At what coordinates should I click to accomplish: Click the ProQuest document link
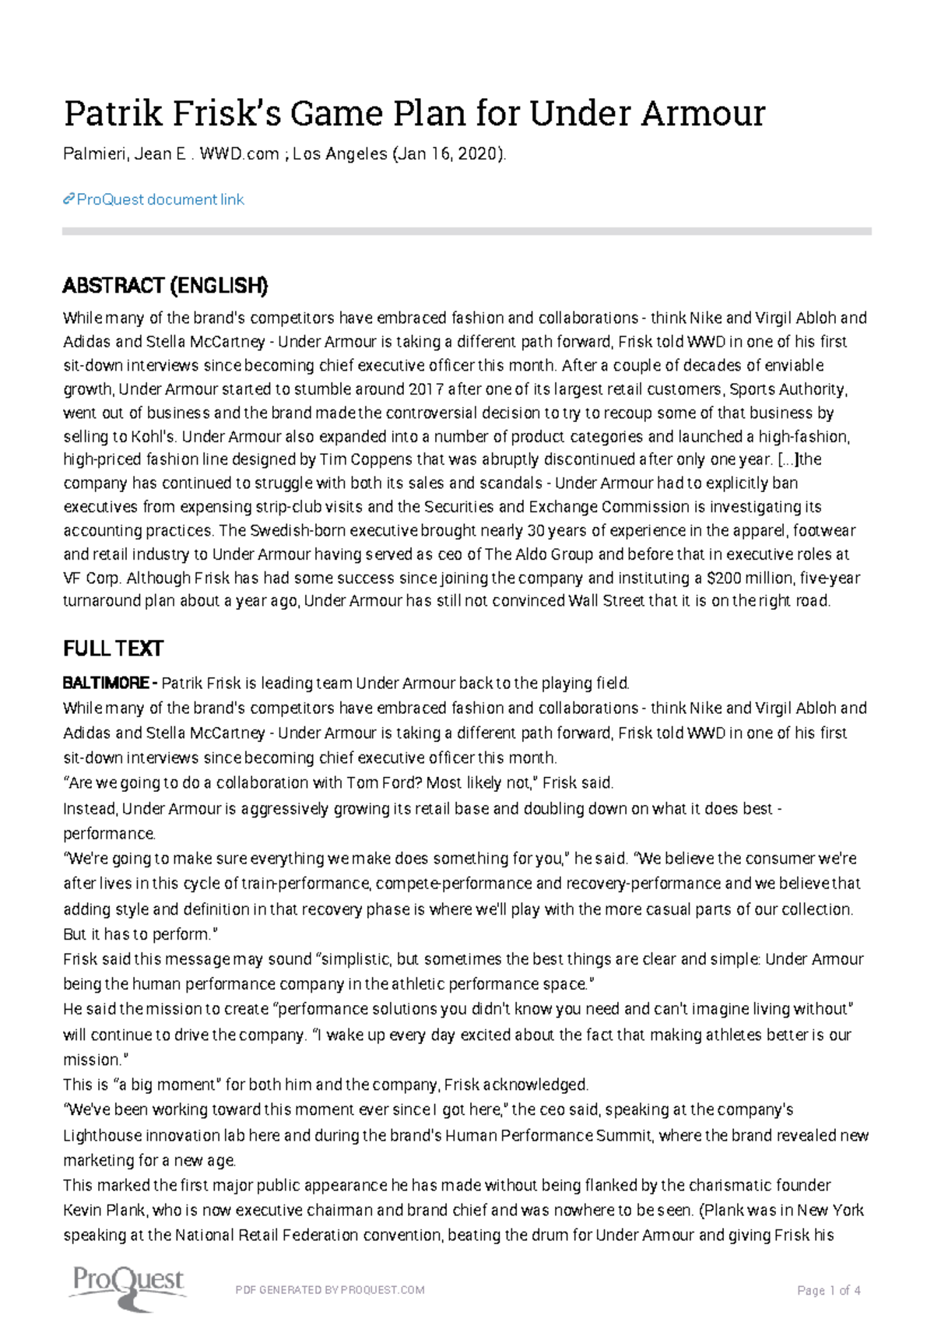click(x=160, y=200)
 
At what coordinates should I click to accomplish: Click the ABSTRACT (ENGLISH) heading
click(x=165, y=287)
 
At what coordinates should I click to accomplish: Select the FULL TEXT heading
click(x=113, y=649)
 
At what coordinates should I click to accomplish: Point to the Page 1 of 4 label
click(x=828, y=1290)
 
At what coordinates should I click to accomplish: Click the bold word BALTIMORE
click(x=106, y=684)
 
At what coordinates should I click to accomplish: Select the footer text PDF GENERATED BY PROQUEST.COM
click(x=329, y=1290)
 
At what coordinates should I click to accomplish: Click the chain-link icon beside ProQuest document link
click(x=68, y=200)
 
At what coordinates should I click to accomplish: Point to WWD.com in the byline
click(x=239, y=154)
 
